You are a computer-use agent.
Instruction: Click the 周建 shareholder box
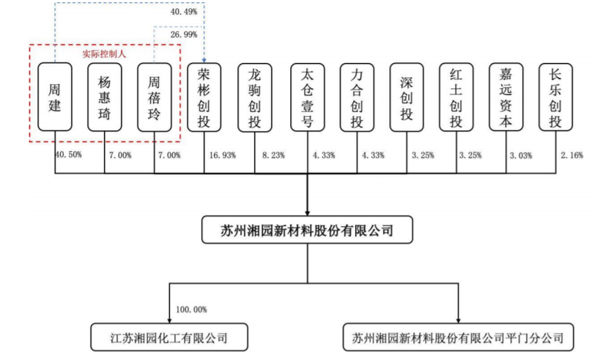55,97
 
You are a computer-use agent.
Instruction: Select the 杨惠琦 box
104,97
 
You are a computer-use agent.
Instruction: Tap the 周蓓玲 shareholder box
154,98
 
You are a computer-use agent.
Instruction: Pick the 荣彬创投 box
204,98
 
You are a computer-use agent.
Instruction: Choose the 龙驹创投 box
255,98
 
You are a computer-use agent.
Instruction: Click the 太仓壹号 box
307,98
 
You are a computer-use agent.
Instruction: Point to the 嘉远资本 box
506,97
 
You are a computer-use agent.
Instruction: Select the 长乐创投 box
556,97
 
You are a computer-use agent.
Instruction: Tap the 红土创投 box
456,97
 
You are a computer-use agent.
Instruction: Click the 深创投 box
407,98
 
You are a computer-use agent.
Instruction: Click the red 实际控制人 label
104,54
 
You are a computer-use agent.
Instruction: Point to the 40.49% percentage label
184,12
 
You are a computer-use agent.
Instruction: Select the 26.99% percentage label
184,35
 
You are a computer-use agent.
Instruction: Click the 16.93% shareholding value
223,155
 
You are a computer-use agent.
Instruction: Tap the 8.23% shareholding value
274,155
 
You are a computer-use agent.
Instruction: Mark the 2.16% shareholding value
571,155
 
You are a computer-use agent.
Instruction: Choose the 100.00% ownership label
191,309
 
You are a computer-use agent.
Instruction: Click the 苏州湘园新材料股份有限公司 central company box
307,230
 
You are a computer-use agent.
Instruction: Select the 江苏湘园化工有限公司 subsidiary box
169,337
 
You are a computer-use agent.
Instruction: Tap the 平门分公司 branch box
458,337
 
